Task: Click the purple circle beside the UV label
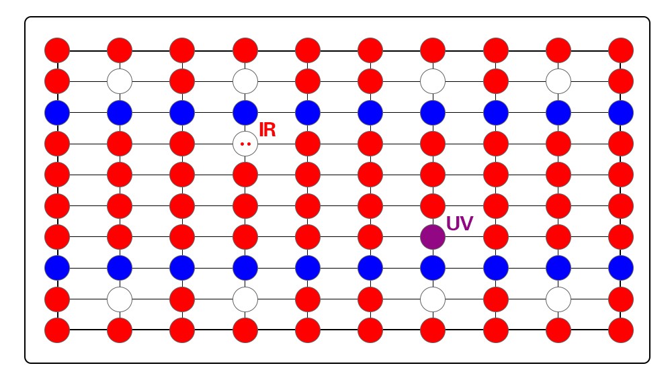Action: point(433,237)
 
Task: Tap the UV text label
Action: point(460,224)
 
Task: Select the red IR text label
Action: point(267,130)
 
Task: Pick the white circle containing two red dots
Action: point(245,143)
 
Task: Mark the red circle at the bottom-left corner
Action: point(57,330)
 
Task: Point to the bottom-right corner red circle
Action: point(621,330)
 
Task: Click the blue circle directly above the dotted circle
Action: point(245,112)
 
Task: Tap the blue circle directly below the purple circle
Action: point(433,268)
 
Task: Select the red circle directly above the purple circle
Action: point(433,205)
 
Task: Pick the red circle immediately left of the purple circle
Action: point(370,237)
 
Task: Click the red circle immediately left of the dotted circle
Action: point(182,143)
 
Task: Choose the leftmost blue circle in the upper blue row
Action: point(57,112)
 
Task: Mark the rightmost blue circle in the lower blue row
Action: point(621,268)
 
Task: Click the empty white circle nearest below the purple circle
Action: point(433,299)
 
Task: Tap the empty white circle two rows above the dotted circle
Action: point(245,81)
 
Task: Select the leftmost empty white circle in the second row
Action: point(120,81)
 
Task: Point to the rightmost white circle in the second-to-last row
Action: point(558,299)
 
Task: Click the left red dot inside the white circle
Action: point(242,144)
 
